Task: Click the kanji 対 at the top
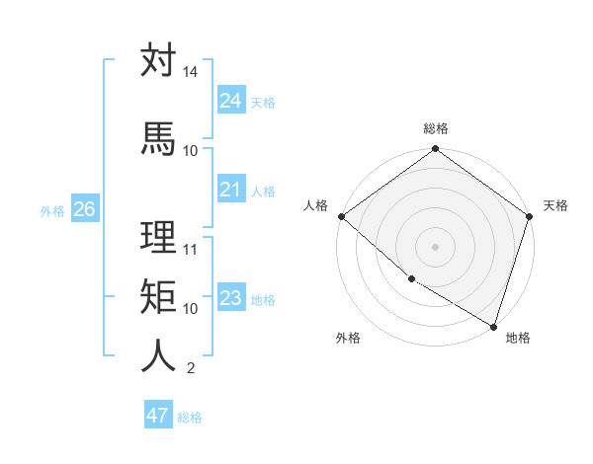(158, 60)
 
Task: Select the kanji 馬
(158, 138)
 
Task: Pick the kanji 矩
(158, 296)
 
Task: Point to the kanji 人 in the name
(158, 356)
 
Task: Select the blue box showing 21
(230, 189)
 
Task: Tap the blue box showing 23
(230, 297)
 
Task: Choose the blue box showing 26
(84, 208)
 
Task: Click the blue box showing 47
(158, 416)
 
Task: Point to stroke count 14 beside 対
(190, 72)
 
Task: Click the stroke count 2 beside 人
(190, 368)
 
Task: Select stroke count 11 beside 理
(190, 249)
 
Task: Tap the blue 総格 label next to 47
(190, 418)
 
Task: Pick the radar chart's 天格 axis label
(555, 205)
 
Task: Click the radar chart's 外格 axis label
(348, 338)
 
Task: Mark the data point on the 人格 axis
(341, 216)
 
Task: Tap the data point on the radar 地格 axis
(493, 326)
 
